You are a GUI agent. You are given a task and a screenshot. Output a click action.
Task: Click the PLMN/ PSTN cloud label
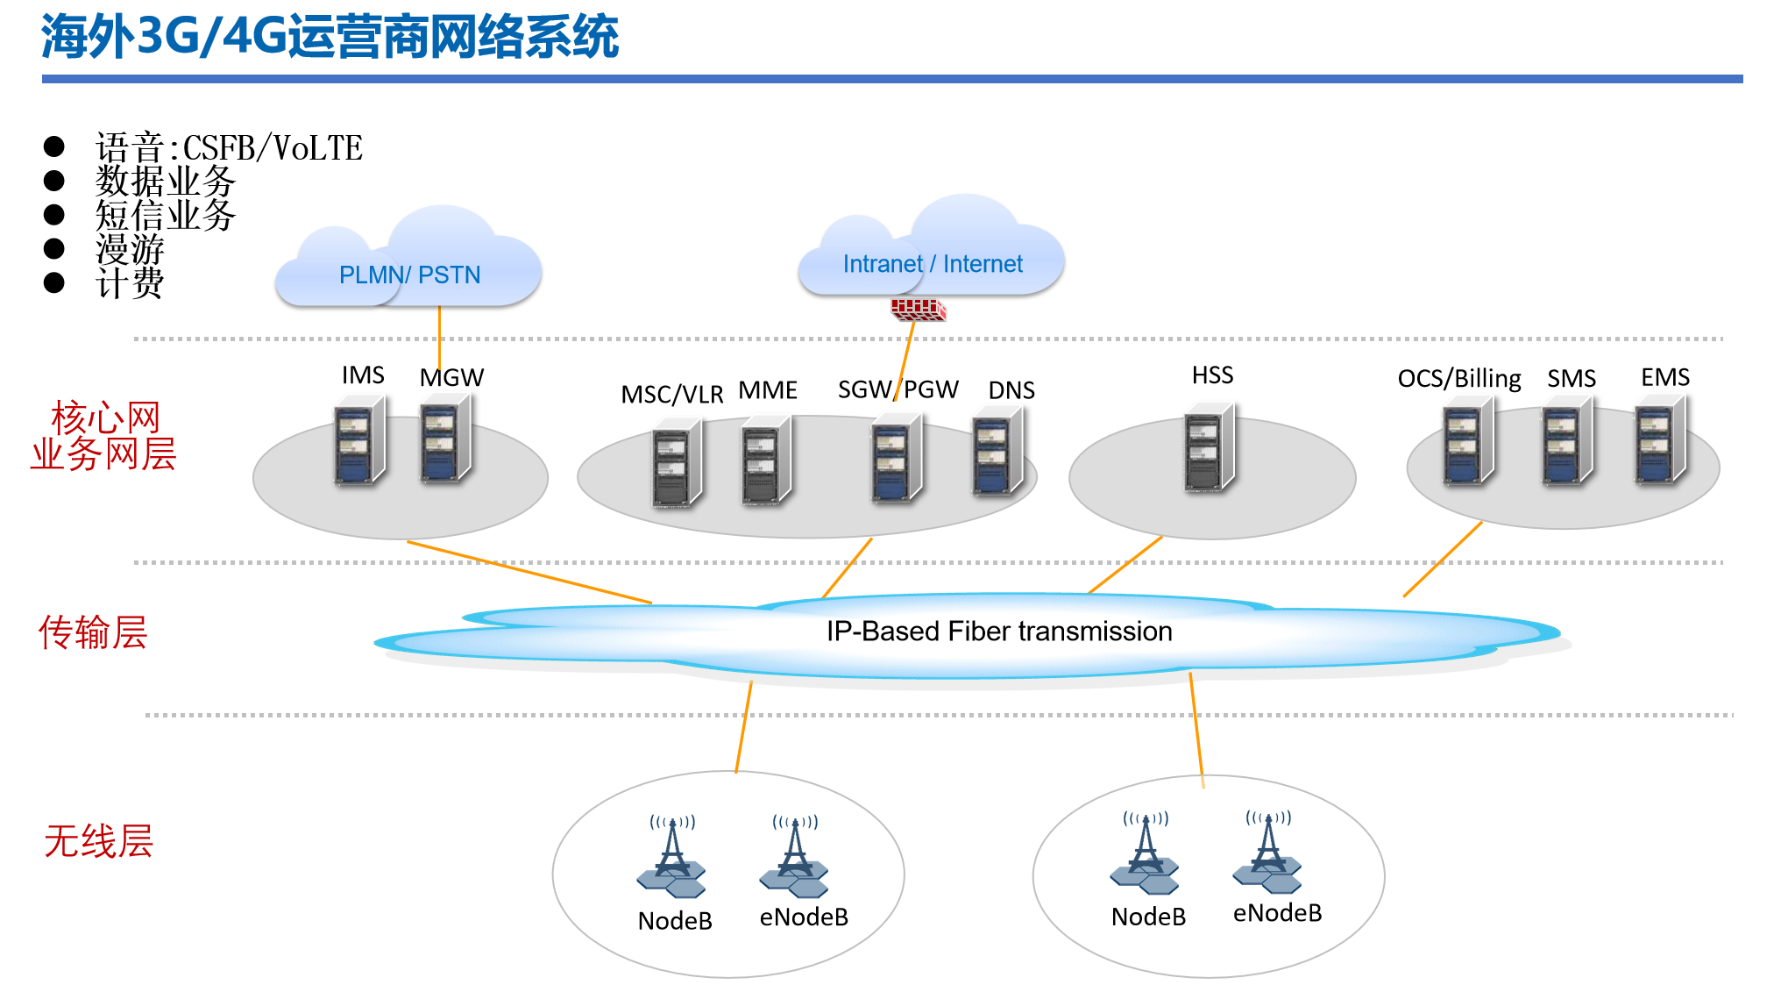click(409, 275)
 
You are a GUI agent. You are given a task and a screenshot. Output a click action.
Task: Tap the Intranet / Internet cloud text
click(933, 264)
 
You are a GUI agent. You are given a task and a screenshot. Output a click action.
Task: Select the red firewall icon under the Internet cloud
click(918, 309)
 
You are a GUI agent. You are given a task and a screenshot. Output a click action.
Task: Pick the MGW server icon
click(445, 439)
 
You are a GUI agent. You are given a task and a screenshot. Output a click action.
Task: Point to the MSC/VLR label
click(671, 395)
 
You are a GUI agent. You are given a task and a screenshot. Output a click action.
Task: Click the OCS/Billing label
click(1458, 379)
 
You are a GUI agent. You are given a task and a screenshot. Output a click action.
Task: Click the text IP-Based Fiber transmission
click(999, 632)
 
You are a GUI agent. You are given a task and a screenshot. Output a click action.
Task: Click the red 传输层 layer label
click(93, 632)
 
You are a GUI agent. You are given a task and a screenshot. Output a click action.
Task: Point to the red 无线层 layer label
click(98, 841)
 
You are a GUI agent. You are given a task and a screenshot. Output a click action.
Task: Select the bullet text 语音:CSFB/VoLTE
click(229, 148)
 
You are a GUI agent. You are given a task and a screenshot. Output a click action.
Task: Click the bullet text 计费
click(130, 283)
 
